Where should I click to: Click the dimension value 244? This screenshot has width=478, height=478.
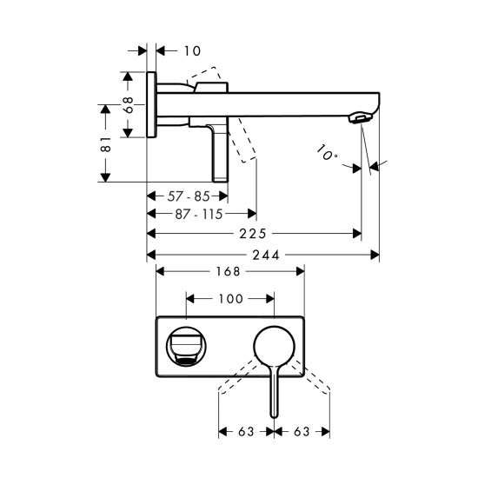point(266,255)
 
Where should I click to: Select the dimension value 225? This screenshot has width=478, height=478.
point(253,234)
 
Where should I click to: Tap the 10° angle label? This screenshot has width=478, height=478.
point(326,153)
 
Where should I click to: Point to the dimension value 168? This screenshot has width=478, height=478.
point(228,271)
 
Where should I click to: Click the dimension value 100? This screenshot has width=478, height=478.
point(231,299)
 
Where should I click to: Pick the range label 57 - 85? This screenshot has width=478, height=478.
point(189,196)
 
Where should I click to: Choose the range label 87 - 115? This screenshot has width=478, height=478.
point(199,214)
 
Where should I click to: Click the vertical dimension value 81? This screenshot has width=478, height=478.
point(105,144)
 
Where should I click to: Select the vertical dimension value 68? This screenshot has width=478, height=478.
point(128,105)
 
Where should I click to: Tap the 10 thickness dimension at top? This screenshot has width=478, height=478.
point(192,51)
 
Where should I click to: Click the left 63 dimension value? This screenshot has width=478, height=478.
point(246,432)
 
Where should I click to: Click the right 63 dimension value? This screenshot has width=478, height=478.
point(302,432)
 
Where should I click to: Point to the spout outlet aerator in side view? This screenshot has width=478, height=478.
point(361,118)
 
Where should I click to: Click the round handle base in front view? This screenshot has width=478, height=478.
point(275,347)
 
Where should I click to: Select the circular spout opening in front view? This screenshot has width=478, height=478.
point(186,346)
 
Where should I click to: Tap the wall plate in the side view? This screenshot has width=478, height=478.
point(151,104)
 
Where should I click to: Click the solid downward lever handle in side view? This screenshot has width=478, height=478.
point(220,154)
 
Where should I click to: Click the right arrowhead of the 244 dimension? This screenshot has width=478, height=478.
point(375,255)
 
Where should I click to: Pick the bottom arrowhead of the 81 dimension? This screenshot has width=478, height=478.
point(105,177)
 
